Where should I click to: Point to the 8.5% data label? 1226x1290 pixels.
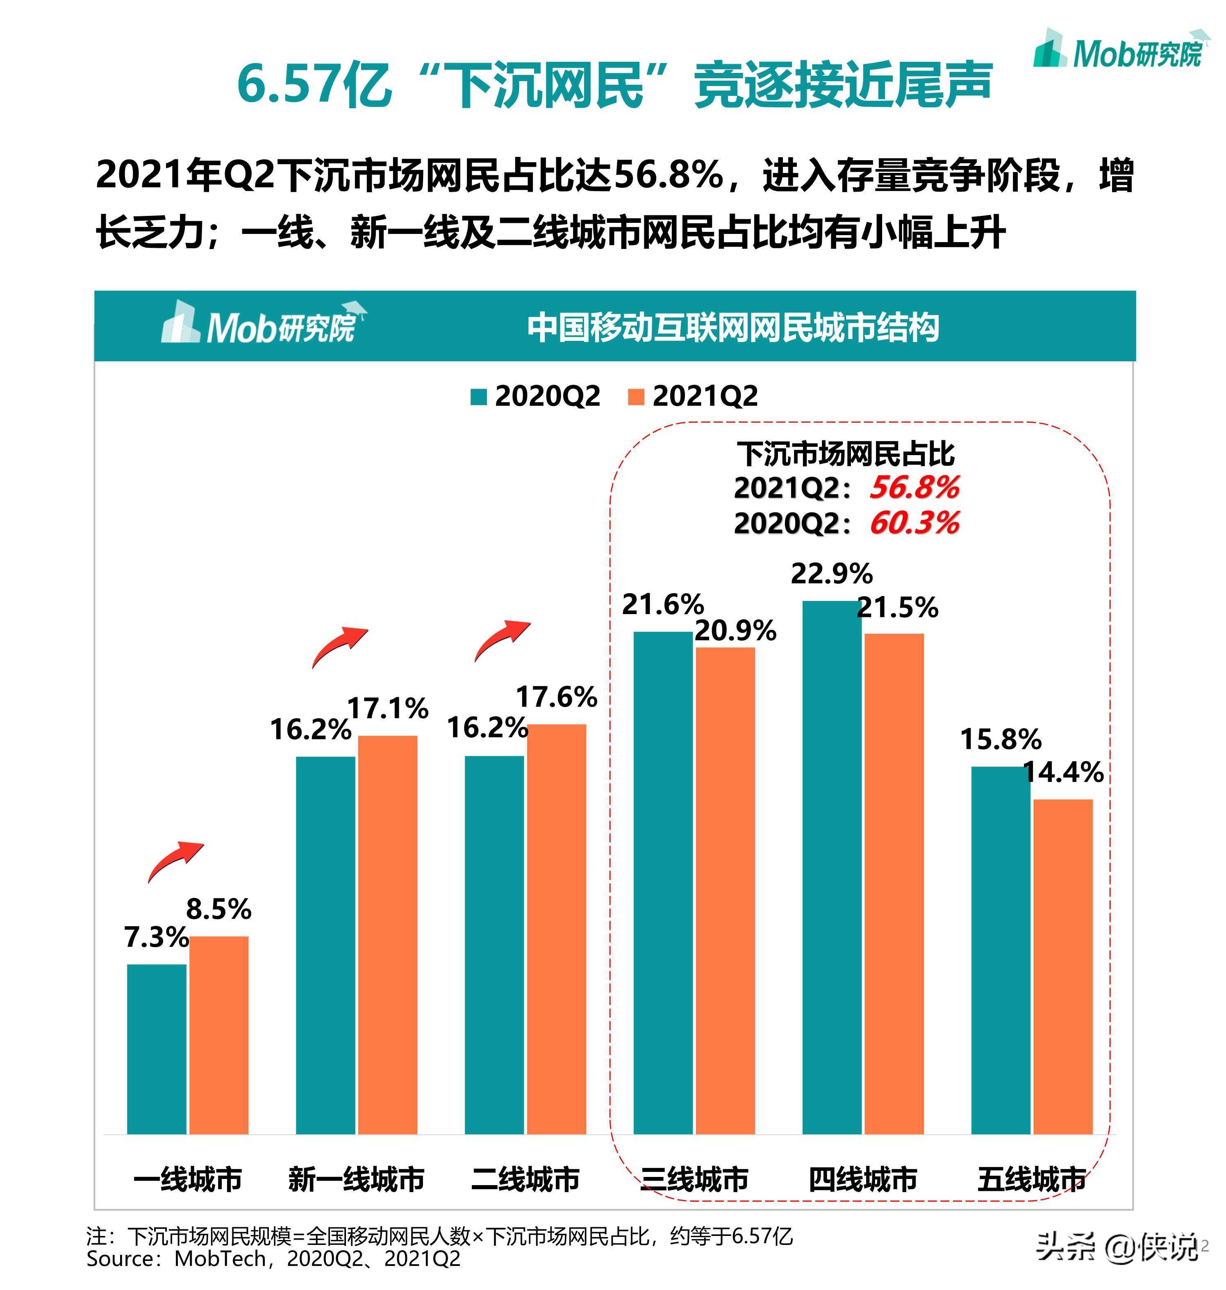coord(219,909)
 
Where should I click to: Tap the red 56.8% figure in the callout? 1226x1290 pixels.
coord(914,487)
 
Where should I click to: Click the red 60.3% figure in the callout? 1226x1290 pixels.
coord(914,523)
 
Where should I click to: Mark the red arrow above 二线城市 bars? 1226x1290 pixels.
coord(502,641)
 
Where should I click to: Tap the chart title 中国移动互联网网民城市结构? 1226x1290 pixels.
coord(733,327)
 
